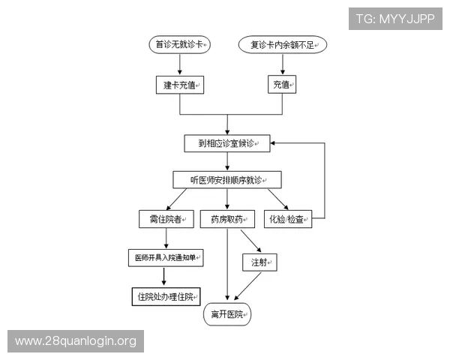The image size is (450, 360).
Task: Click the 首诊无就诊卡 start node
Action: point(180,45)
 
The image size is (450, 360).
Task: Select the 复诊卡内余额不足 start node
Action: point(283,45)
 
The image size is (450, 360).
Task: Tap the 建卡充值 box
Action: point(180,85)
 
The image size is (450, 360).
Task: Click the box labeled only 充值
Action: point(281,85)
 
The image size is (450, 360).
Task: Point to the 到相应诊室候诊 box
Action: point(228,142)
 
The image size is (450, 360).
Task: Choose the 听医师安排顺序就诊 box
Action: point(226,180)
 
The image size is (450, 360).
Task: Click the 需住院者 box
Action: point(166,219)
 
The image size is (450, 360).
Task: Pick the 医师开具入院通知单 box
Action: point(166,258)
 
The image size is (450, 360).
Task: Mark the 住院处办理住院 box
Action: point(166,296)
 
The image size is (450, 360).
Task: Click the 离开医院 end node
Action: point(228,314)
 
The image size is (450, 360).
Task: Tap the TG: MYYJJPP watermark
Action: point(396,19)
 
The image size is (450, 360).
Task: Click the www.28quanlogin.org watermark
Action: point(75,341)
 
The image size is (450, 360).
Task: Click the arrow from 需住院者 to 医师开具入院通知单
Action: point(166,238)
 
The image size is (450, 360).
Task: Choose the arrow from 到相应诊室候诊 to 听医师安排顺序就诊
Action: point(227,161)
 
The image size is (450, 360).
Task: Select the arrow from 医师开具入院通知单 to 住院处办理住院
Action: point(165,277)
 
